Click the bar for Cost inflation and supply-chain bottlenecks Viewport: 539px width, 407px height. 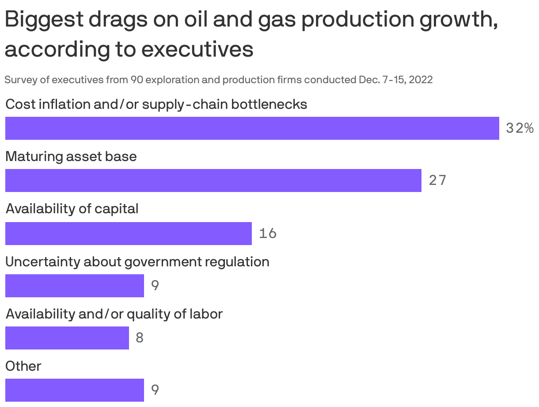[x=252, y=128]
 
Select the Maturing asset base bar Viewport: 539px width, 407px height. [x=213, y=180]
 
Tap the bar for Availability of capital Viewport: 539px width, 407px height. [x=128, y=233]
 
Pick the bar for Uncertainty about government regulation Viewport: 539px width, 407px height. [x=74, y=285]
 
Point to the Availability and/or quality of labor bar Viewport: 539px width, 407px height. [x=67, y=338]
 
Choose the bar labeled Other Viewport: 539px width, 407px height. [x=74, y=390]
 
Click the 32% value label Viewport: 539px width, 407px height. [x=520, y=128]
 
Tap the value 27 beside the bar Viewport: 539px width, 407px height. [x=437, y=180]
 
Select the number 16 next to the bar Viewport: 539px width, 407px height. [x=268, y=233]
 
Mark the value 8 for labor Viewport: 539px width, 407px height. [x=140, y=338]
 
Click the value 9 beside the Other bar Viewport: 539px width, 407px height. [x=155, y=390]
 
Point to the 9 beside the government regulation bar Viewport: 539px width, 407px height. [x=155, y=285]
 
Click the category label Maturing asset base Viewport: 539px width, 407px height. [x=71, y=156]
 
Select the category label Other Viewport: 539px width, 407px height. [x=23, y=366]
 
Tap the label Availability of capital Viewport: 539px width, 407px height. [x=72, y=208]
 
